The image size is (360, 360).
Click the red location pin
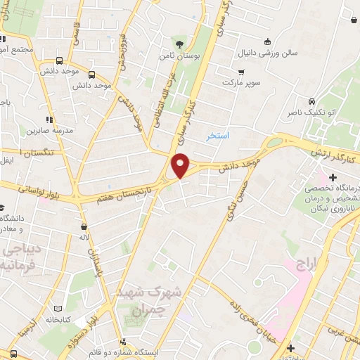pos(181,165)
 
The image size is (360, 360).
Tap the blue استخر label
pos(218,135)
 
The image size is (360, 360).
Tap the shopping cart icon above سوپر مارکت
pos(241,72)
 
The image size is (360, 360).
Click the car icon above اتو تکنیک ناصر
pos(310,100)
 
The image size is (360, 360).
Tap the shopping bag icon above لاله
pos(84,227)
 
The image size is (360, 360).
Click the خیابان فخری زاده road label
pos(255,316)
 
